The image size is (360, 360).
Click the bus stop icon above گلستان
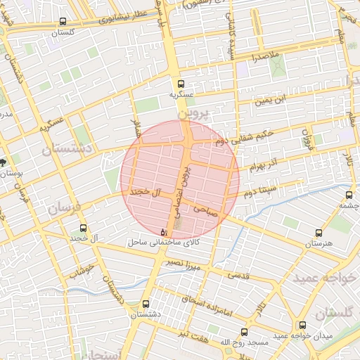point(64,22)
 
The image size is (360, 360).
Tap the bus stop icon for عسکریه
point(181,82)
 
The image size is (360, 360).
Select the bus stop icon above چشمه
point(349,195)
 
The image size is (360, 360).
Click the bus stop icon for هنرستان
point(319,233)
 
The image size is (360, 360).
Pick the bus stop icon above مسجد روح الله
point(245,331)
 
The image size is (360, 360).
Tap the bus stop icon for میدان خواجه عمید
point(302,326)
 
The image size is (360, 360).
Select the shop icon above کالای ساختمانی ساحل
point(164,231)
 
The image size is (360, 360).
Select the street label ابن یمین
point(271,101)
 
